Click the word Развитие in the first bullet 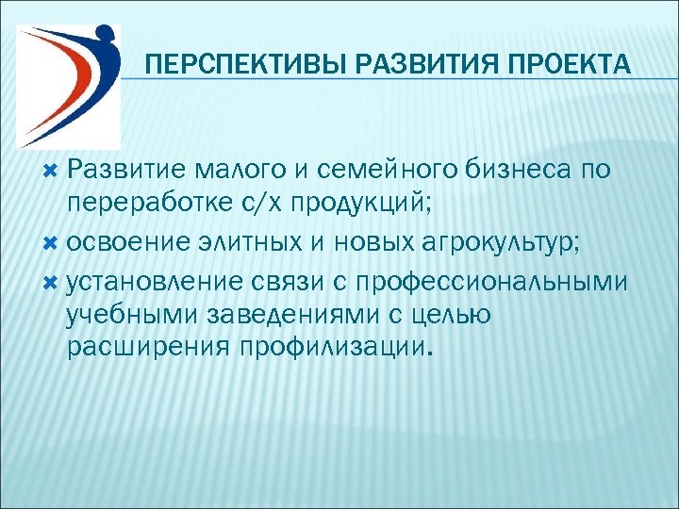[123, 170]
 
